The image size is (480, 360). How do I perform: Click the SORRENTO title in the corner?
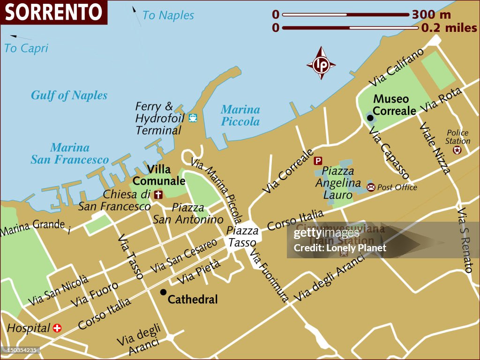pos(53,13)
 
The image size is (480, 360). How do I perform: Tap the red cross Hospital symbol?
pos(57,328)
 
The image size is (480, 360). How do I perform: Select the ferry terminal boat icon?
pos(193,118)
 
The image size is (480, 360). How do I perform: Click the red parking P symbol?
pos(318,161)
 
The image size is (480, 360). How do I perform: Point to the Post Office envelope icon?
pos(371,187)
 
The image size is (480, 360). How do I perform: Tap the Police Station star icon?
pos(457,150)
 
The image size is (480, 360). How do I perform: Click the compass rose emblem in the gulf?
pos(321,63)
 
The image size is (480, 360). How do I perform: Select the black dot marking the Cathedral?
pos(163,292)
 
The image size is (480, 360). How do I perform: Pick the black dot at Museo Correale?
pos(370,117)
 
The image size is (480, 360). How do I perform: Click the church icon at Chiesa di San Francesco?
pos(158,194)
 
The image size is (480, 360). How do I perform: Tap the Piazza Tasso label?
pos(242,236)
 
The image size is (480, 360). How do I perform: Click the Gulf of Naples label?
pos(69,96)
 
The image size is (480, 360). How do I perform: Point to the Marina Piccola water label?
pos(240,115)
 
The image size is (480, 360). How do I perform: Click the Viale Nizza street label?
pos(435,148)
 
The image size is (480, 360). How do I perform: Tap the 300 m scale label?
pos(431,15)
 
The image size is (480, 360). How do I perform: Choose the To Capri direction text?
pos(26,48)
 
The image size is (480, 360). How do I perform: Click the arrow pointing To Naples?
pos(136,15)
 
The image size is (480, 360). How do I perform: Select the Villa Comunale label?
pos(159,175)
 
